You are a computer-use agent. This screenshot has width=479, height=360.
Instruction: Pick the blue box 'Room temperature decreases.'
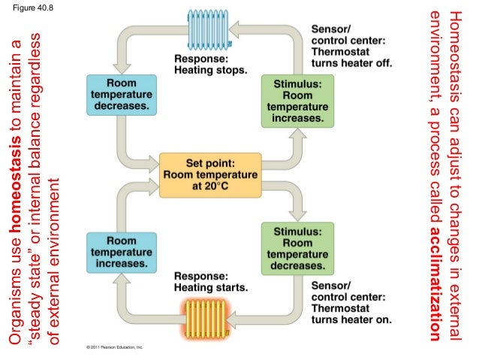(x=120, y=95)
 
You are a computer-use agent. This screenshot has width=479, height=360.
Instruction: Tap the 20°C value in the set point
(x=212, y=186)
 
